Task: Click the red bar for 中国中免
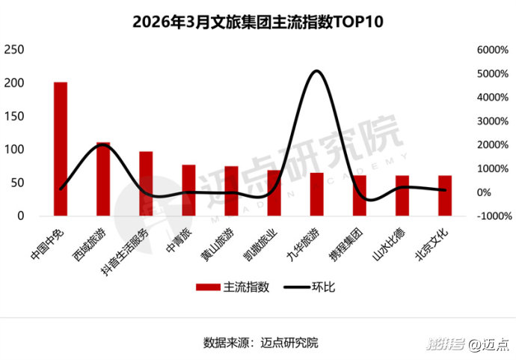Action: [x=61, y=149]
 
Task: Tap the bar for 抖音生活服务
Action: [x=146, y=184]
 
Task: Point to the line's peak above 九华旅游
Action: [x=316, y=71]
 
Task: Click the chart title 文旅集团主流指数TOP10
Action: [x=257, y=22]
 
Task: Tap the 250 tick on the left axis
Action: [x=14, y=50]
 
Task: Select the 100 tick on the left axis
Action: [x=14, y=150]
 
